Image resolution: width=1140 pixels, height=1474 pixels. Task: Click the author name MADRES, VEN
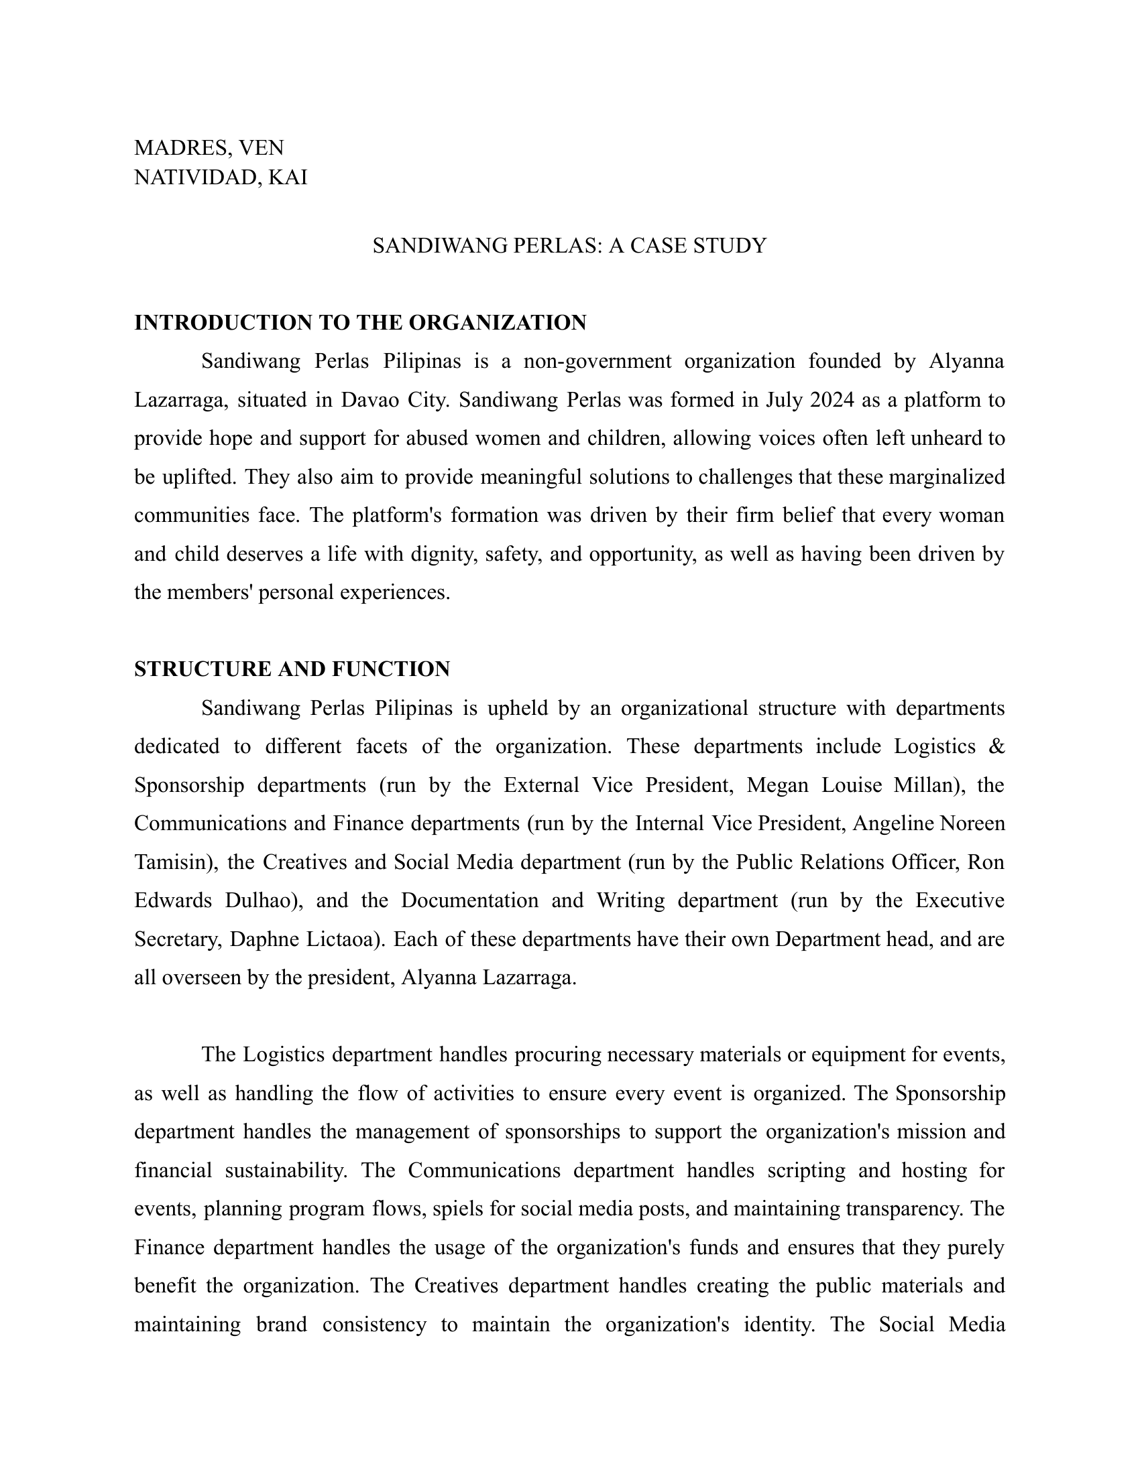tap(209, 147)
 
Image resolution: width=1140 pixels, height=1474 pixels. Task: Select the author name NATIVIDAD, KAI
tap(220, 178)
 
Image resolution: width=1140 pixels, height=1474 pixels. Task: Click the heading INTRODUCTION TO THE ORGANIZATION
tap(360, 323)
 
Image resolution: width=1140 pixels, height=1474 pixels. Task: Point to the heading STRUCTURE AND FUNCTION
tap(292, 669)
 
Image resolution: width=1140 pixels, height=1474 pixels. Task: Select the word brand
tap(282, 1325)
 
